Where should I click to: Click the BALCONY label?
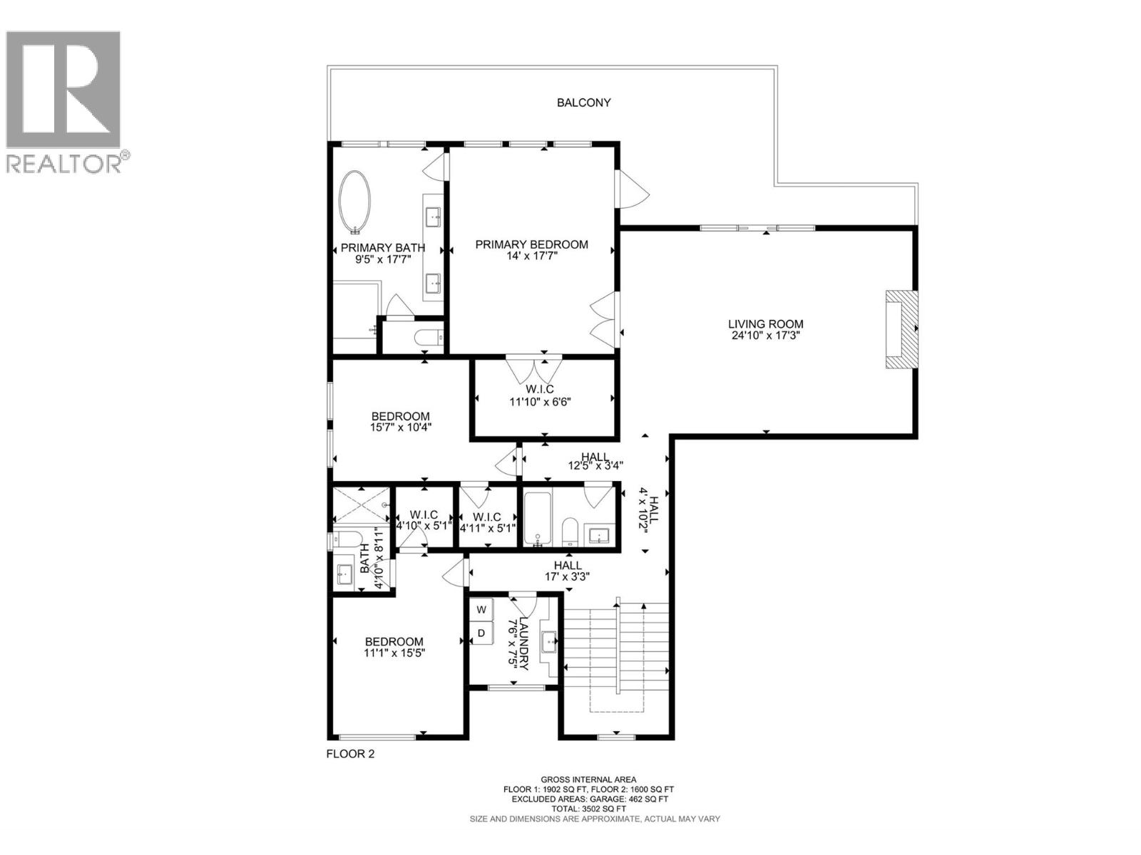[583, 103]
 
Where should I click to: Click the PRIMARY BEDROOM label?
[531, 244]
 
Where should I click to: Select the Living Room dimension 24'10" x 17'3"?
[766, 336]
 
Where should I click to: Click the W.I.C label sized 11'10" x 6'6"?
[540, 389]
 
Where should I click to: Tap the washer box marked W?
[481, 610]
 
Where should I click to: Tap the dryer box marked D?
[481, 633]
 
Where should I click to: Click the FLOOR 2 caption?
[350, 754]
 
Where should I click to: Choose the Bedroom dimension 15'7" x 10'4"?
[400, 427]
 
